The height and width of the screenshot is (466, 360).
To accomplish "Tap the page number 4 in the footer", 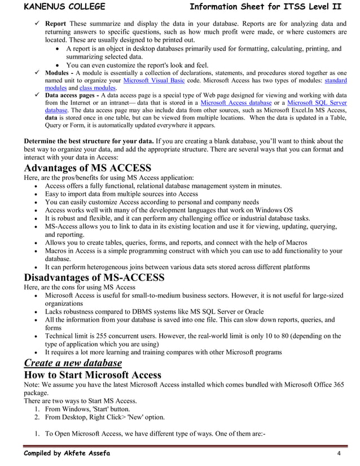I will tap(338, 454).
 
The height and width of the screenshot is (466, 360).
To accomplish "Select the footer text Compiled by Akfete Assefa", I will tap(67, 454).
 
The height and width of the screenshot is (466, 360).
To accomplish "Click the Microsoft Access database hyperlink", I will tap(236, 103).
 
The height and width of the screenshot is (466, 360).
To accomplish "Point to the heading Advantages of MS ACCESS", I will tap(87, 168).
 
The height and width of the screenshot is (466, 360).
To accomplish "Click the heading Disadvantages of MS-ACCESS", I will tap(94, 277).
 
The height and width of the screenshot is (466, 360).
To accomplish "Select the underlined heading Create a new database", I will tap(72, 362).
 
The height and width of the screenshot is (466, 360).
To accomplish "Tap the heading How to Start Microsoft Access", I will tap(92, 375).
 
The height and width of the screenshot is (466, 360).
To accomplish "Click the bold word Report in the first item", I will tap(55, 24).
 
